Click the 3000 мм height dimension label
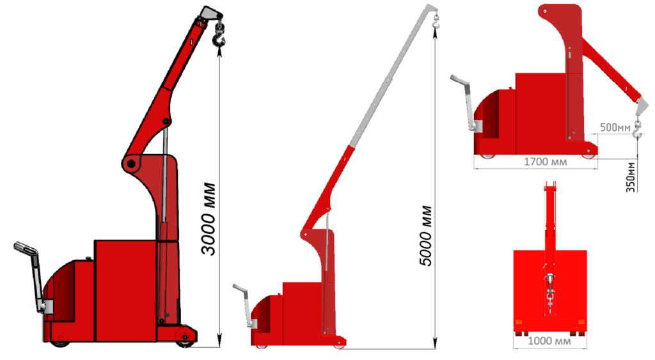[208, 219]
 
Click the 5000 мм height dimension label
[425, 235]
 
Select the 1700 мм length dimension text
[546, 162]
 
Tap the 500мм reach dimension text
[615, 127]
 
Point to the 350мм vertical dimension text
[630, 177]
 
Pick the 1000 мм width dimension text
[549, 341]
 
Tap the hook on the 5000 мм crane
[436, 22]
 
